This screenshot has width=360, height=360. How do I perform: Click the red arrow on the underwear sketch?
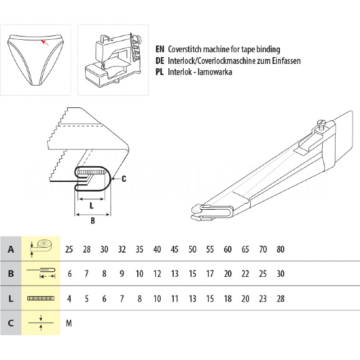(45, 42)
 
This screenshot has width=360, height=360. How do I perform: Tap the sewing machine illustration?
(113, 60)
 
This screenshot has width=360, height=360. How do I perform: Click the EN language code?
(160, 49)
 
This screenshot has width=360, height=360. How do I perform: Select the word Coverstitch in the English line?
(185, 49)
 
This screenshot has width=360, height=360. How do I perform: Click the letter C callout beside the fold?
(124, 179)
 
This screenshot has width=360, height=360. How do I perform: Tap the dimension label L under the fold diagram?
(92, 205)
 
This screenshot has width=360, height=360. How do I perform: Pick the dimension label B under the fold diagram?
(92, 220)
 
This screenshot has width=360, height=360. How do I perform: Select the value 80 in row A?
(281, 249)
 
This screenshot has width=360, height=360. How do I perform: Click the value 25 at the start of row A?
(69, 249)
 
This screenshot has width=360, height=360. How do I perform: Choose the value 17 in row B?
(210, 274)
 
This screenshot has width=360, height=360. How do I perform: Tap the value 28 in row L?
(281, 299)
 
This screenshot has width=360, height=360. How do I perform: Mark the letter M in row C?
(69, 323)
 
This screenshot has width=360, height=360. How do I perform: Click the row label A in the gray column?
(11, 249)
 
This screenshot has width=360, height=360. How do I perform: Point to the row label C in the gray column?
(11, 323)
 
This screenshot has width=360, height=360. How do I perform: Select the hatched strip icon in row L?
(41, 299)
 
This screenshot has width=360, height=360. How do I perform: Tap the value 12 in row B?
(157, 274)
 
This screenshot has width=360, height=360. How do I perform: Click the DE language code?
(160, 61)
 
